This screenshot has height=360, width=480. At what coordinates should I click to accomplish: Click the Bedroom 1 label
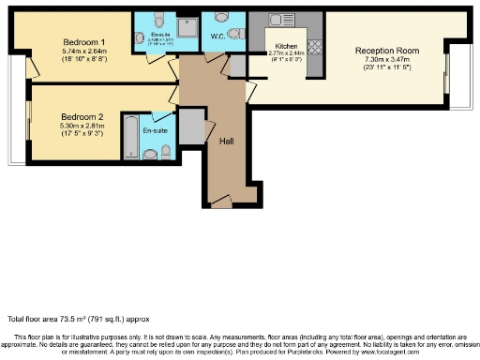point(82,42)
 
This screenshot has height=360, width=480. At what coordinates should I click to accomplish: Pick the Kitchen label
point(286,45)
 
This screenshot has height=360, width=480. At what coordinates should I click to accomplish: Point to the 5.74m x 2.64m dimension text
point(82,52)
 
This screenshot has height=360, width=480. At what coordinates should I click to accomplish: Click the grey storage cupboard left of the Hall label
point(191,127)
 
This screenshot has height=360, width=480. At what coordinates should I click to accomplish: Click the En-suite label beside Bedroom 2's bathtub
point(154,131)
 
